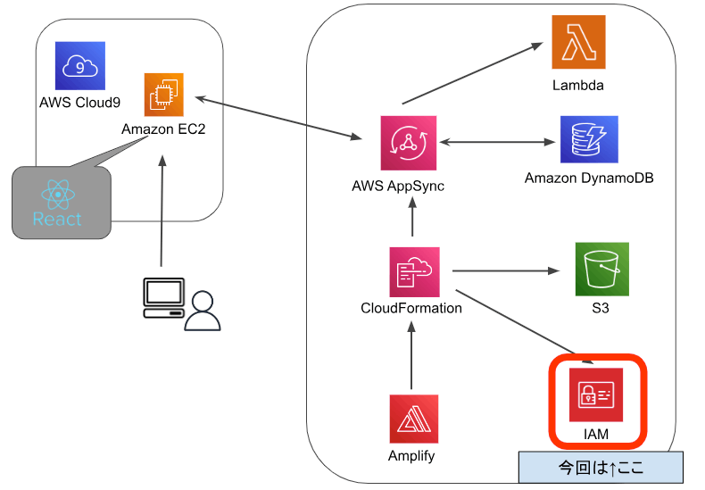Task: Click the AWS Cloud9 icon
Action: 79,64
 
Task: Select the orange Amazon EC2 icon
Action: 163,96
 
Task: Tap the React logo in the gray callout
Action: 56,195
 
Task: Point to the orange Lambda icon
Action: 577,42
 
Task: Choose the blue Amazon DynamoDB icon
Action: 588,141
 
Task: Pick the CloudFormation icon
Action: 412,272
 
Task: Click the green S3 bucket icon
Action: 601,269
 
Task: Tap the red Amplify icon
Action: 413,419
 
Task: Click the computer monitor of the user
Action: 164,296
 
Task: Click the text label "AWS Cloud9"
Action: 79,102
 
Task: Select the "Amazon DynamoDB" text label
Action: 589,179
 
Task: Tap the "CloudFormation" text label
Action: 411,309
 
